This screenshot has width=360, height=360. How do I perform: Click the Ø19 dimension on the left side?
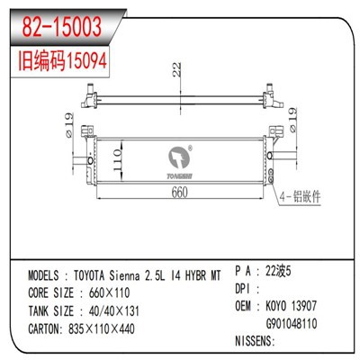coord(67,122)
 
